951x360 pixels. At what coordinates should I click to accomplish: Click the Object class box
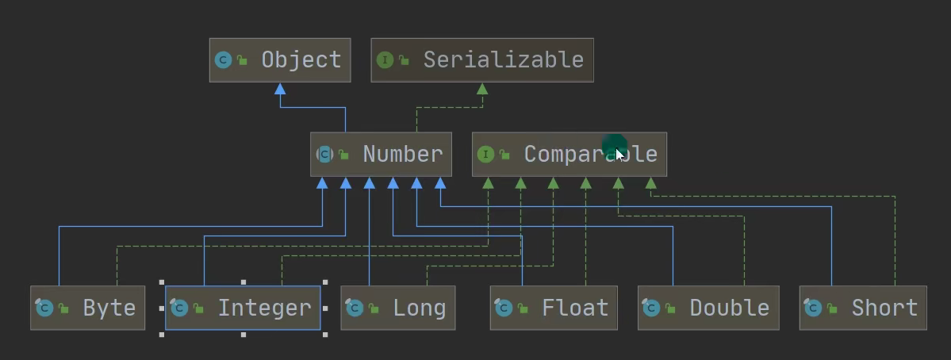pyautogui.click(x=279, y=60)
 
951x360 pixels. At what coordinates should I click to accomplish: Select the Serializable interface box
pyautogui.click(x=481, y=60)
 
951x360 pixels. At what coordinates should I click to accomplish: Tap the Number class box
pyautogui.click(x=381, y=155)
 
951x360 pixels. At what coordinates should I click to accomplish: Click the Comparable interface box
pyautogui.click(x=569, y=155)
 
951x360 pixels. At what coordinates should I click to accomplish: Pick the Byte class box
pyautogui.click(x=88, y=308)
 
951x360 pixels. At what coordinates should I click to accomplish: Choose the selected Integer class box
pyautogui.click(x=243, y=308)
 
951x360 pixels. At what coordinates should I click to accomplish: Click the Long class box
pyautogui.click(x=398, y=308)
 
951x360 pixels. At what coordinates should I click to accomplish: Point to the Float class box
pyautogui.click(x=553, y=308)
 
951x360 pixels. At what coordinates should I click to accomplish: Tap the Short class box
pyautogui.click(x=862, y=308)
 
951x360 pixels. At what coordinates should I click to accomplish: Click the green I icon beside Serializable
pyautogui.click(x=385, y=60)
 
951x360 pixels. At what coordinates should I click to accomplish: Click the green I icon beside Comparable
pyautogui.click(x=485, y=155)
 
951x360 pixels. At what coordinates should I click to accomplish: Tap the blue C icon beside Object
pyautogui.click(x=223, y=60)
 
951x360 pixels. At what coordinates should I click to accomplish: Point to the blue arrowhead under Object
pyautogui.click(x=280, y=89)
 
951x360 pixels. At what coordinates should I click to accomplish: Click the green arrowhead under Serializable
pyautogui.click(x=481, y=89)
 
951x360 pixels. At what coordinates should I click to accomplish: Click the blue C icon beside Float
pyautogui.click(x=503, y=308)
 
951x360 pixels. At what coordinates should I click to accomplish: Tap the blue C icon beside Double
pyautogui.click(x=651, y=308)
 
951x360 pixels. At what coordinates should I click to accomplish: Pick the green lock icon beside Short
pyautogui.click(x=832, y=308)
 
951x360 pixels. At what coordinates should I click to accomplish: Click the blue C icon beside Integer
pyautogui.click(x=179, y=308)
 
